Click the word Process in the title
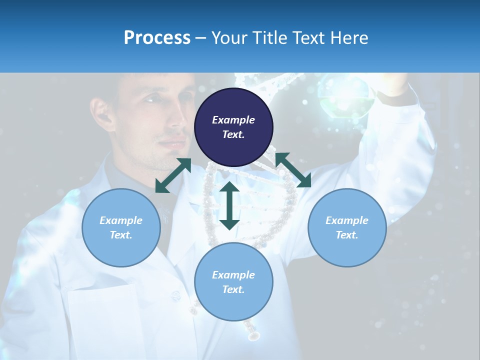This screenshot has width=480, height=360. click(157, 38)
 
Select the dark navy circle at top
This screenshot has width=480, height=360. click(233, 127)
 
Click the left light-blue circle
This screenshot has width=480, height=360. click(121, 227)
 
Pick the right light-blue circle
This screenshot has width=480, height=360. click(347, 227)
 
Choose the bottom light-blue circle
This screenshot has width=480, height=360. click(233, 282)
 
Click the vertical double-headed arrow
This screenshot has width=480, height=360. click(229, 205)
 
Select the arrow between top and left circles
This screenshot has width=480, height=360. click(173, 175)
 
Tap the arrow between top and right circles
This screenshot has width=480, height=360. click(293, 170)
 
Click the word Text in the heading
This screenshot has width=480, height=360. click(307, 38)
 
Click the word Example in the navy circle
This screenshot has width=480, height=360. click(233, 120)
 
